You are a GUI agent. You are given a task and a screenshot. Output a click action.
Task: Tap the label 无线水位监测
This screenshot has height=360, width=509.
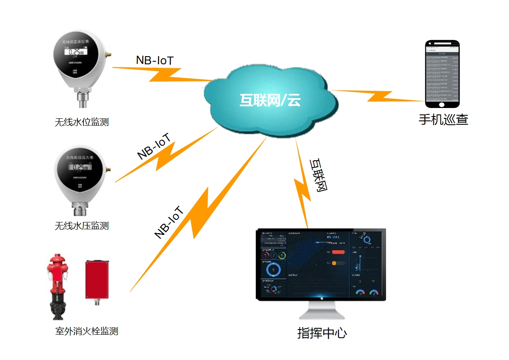(82, 122)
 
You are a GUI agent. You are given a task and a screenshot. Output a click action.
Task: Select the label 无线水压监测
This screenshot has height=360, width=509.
(82, 226)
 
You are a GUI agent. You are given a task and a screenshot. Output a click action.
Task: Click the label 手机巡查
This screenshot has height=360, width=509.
(443, 120)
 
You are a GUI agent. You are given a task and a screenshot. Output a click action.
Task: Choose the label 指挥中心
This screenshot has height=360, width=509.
(322, 333)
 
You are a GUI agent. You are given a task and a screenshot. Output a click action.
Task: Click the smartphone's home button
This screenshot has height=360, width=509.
(442, 104)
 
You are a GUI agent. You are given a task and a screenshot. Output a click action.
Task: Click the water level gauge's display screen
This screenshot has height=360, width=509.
(76, 52)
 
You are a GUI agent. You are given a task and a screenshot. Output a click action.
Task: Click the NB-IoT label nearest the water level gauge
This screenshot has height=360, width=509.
(155, 60)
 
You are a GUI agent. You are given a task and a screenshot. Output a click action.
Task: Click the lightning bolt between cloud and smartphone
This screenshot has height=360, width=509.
(377, 96)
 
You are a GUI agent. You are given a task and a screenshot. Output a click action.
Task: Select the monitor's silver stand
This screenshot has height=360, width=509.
(321, 311)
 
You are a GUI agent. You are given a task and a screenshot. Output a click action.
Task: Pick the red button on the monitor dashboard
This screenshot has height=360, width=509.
(338, 252)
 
